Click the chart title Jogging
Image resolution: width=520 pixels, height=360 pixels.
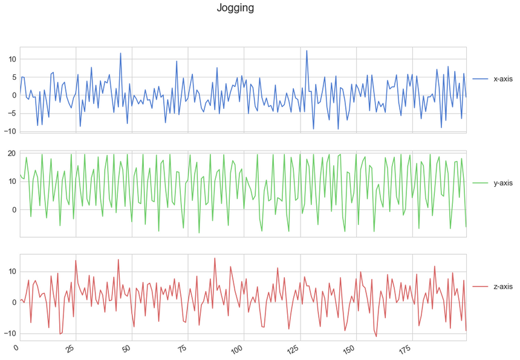[235, 8]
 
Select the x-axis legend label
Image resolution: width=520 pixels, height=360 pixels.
[503, 79]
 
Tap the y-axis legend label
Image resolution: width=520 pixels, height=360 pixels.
[503, 183]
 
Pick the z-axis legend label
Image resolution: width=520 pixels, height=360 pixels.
[503, 287]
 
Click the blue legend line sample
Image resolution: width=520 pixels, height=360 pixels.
[481, 79]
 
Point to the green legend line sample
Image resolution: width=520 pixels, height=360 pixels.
[481, 183]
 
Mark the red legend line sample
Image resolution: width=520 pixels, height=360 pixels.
[481, 287]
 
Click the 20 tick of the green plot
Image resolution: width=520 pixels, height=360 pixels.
[11, 153]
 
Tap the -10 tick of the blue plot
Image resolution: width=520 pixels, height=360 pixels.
[9, 131]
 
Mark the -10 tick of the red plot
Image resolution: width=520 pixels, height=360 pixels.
[9, 333]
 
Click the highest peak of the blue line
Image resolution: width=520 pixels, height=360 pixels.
[307, 51]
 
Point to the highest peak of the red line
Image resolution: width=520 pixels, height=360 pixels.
[215, 258]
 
